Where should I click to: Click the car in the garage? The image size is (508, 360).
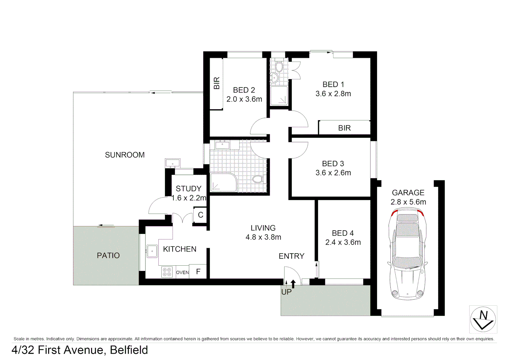(407, 253)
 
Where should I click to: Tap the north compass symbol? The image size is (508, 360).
(483, 319)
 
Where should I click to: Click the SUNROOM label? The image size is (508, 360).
(125, 155)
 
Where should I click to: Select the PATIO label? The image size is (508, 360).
(108, 255)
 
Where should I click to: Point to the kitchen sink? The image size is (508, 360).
(152, 251)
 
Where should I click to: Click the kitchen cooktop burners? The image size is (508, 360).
(167, 272)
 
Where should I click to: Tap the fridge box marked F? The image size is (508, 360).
(198, 272)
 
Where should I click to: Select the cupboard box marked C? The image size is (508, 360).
(200, 215)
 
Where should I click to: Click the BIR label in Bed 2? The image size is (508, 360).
(216, 83)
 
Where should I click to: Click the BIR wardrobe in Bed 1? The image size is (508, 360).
(344, 128)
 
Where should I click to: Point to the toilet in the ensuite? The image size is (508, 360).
(279, 67)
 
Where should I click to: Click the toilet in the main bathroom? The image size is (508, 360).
(258, 179)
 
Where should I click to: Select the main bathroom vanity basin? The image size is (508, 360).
(222, 145)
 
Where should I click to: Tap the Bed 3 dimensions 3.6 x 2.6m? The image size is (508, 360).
(333, 173)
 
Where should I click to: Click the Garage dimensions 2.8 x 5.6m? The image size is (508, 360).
(408, 202)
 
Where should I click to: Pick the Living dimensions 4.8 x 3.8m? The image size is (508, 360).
(263, 237)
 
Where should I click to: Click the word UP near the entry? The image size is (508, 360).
(286, 292)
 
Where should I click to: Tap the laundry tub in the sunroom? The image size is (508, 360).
(173, 163)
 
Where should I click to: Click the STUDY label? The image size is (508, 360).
(188, 189)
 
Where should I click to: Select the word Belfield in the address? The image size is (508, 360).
(129, 350)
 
